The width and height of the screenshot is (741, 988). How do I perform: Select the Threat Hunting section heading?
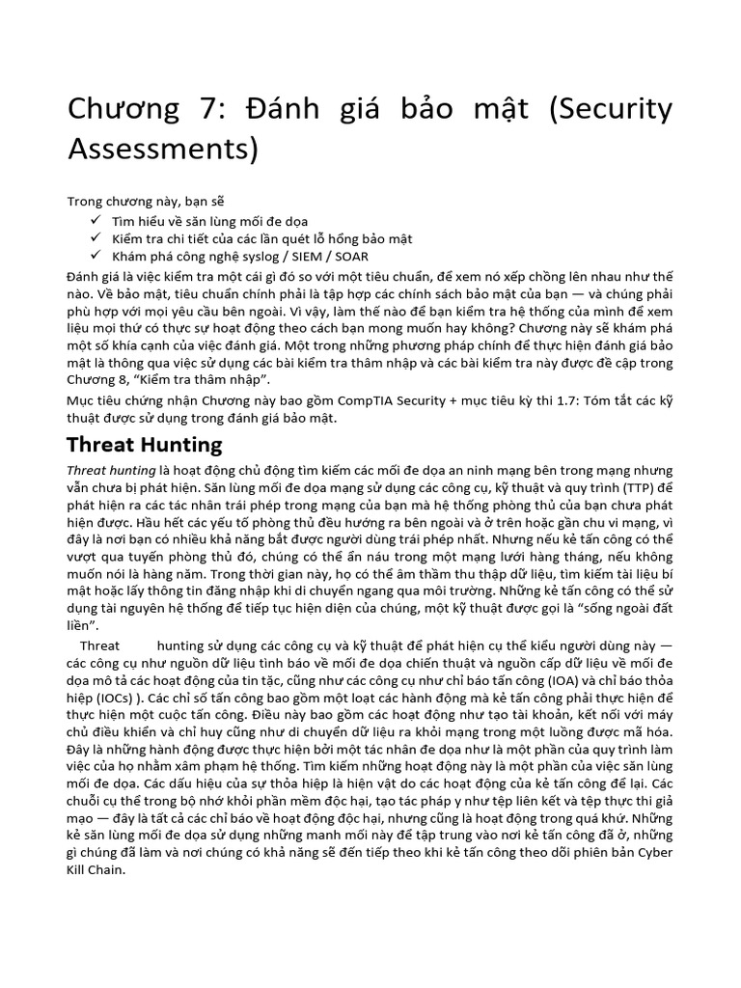coord(144,445)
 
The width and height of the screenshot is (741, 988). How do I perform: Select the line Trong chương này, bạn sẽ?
coord(145,202)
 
